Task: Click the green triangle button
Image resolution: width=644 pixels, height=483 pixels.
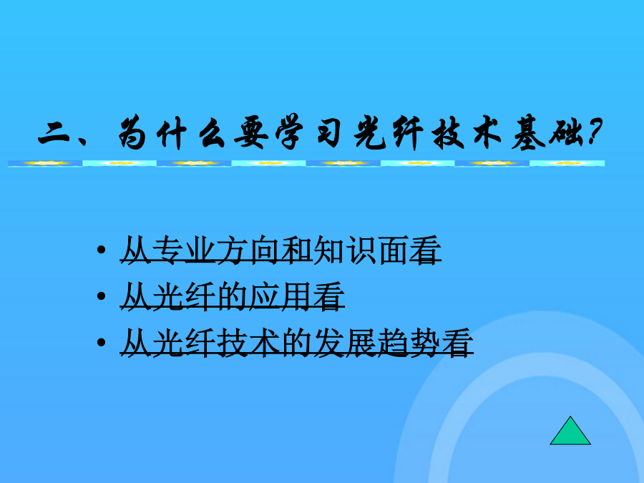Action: click(x=570, y=431)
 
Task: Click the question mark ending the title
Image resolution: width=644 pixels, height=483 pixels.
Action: click(x=595, y=132)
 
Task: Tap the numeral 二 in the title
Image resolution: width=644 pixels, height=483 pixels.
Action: click(x=54, y=133)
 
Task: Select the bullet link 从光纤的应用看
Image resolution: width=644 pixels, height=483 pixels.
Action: click(x=232, y=296)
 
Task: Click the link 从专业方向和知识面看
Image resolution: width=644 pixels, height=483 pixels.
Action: click(x=280, y=250)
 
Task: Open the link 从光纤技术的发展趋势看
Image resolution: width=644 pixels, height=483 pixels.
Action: click(x=296, y=342)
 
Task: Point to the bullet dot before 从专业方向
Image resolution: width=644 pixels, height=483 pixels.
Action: click(x=101, y=250)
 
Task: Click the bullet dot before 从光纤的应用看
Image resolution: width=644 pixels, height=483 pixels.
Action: click(x=101, y=296)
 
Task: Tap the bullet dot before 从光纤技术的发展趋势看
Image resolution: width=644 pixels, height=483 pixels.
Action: click(x=101, y=342)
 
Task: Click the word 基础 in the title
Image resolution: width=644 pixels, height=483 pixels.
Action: click(x=547, y=132)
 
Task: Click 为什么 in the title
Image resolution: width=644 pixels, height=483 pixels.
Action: click(x=172, y=132)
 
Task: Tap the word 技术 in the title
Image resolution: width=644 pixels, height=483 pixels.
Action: click(x=467, y=132)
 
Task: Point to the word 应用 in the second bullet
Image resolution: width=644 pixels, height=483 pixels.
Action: click(x=280, y=296)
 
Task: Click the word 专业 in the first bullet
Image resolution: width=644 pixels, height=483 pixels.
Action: click(x=184, y=250)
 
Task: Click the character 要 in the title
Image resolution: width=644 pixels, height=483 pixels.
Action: click(x=251, y=133)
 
